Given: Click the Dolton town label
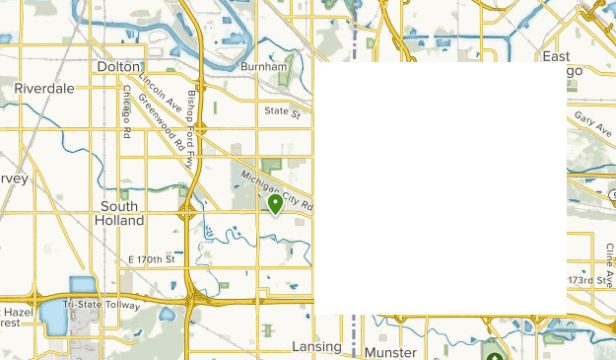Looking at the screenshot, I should [x=119, y=67].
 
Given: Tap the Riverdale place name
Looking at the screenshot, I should [x=44, y=89].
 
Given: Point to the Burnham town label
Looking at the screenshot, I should [x=263, y=67].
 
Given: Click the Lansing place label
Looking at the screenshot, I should [x=316, y=347].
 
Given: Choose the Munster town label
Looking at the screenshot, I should [x=391, y=352].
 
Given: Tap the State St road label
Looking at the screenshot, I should [x=282, y=112].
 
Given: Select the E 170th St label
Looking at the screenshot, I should [x=151, y=259].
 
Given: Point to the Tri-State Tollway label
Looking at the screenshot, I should [x=102, y=305].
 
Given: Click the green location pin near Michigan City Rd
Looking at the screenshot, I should [x=275, y=204].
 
